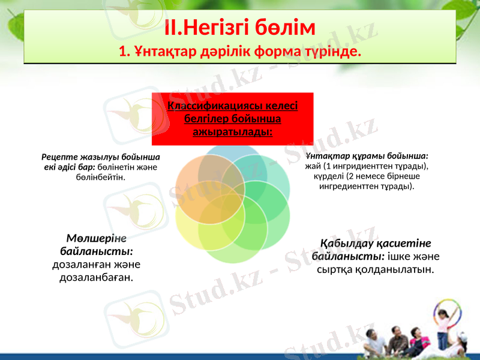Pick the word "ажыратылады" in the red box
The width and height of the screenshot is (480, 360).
(x=233, y=130)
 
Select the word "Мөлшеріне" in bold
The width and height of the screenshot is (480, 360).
(x=96, y=237)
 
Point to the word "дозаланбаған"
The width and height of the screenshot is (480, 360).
(x=96, y=277)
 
